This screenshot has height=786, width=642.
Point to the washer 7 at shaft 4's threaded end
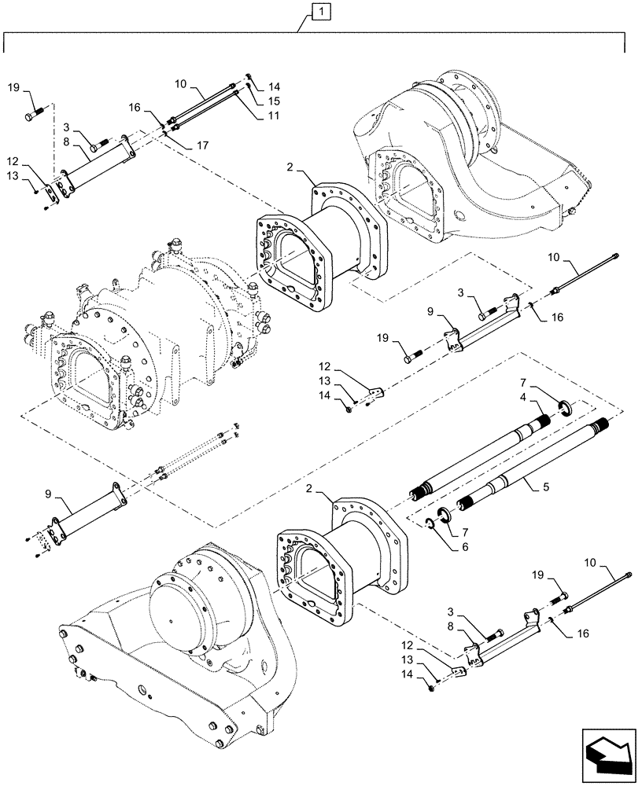pyautogui.click(x=564, y=406)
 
